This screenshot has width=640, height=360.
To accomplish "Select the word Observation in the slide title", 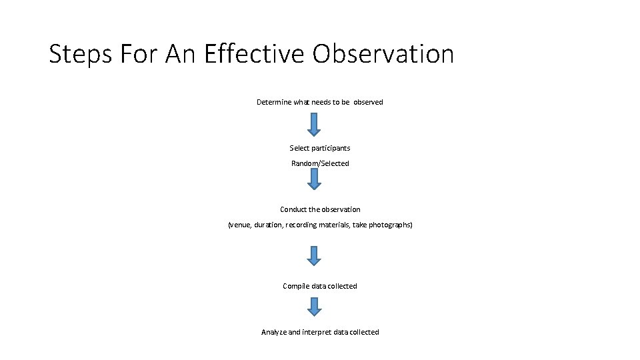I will (x=383, y=55).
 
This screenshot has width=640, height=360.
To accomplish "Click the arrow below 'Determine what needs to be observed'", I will (x=314, y=124).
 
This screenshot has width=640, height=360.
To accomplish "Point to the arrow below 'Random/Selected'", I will (x=314, y=179).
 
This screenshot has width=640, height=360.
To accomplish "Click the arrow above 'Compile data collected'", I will (x=314, y=255).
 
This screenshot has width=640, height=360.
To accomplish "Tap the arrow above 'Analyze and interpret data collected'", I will (x=314, y=307).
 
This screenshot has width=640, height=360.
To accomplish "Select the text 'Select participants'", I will (x=320, y=148).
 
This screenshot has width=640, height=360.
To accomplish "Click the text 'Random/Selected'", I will (x=320, y=163).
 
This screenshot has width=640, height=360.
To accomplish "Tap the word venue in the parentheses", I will (x=240, y=225).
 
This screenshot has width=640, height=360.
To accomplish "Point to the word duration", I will (x=268, y=225).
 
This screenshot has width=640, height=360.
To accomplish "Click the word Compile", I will (x=296, y=286).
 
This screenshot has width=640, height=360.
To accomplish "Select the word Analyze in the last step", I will (x=274, y=332).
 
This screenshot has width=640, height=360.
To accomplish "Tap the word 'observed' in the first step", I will (x=368, y=102).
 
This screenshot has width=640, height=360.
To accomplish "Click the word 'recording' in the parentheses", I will (x=302, y=225).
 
